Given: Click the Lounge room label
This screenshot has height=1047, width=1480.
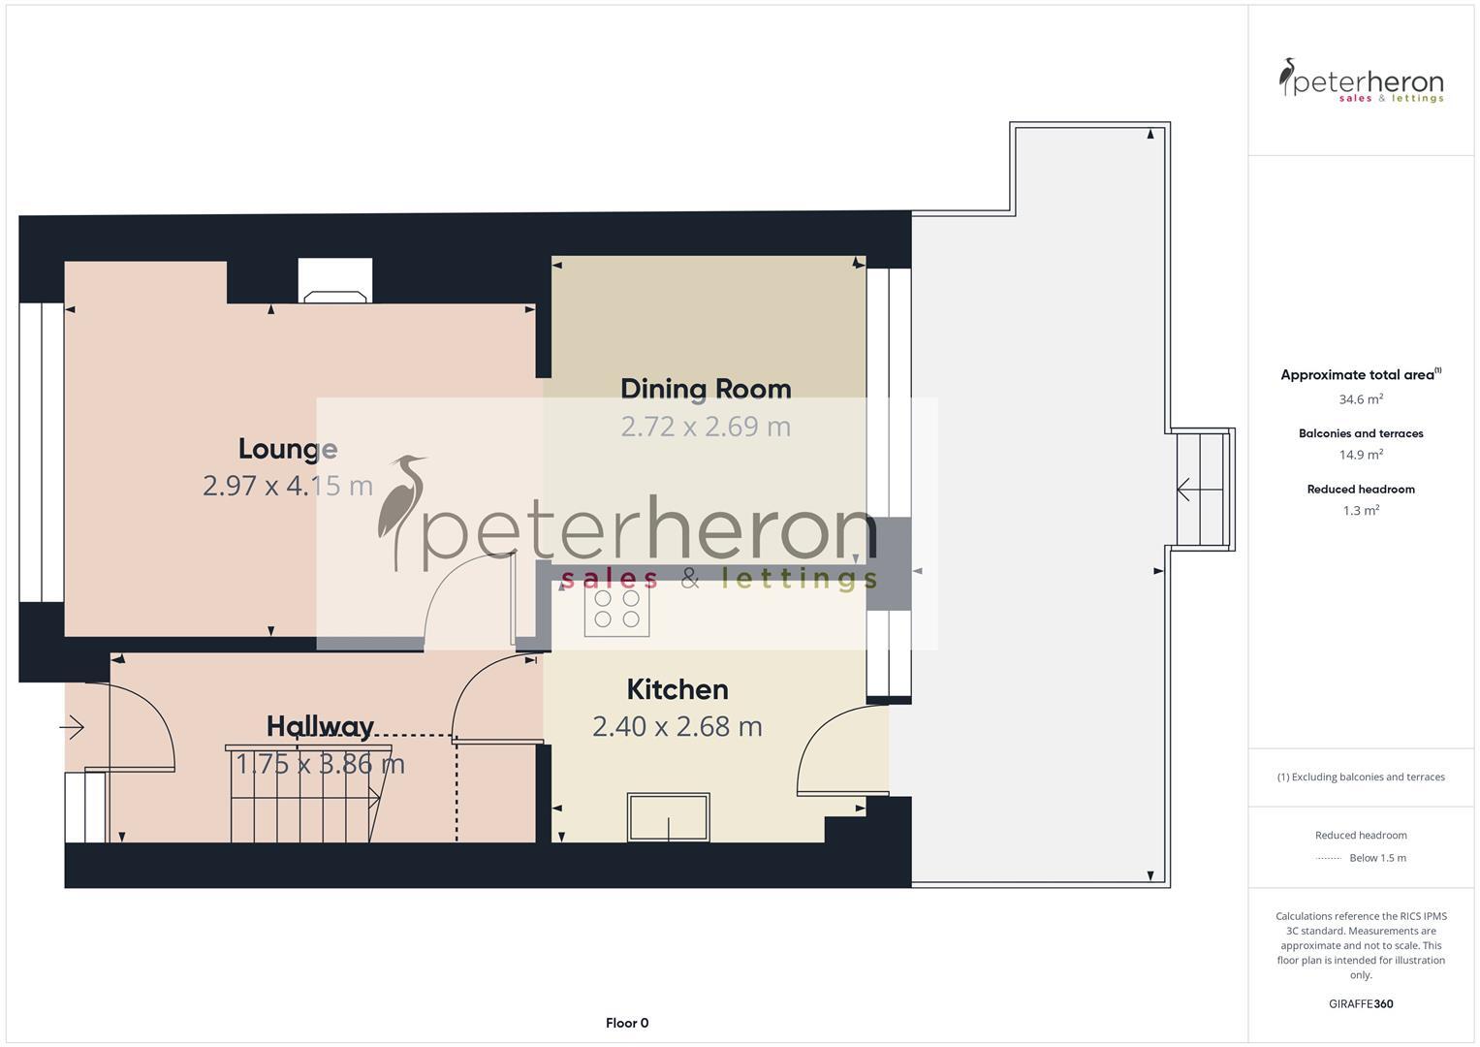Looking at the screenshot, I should coord(288,449).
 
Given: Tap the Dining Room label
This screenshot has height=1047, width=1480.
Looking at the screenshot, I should coord(706,389).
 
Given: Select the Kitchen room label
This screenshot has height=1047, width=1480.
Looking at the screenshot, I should coord(677,689).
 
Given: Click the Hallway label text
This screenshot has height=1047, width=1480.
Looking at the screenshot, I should coord(320,726).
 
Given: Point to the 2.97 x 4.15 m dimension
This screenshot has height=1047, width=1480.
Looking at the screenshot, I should coord(288,486).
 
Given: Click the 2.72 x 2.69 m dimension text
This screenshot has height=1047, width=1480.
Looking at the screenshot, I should coord(706,427).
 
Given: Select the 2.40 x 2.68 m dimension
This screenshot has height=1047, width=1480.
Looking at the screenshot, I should coord(677,726).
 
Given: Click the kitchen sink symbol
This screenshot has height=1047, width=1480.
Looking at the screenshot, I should coord(668,817).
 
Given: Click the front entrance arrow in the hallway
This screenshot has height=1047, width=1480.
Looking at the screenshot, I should coord(73,726).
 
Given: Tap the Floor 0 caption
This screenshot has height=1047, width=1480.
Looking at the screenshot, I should coord(627,1023).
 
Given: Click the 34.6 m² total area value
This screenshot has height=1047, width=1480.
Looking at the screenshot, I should coord(1361,399).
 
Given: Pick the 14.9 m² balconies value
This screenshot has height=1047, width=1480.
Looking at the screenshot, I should coord(1361,455).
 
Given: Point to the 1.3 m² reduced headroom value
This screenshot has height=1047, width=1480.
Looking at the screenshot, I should coord(1361,511).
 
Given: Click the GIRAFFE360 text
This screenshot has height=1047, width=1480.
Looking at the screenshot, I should coord(1361,1004).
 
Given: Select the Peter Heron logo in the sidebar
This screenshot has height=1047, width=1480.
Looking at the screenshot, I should coord(1361,80).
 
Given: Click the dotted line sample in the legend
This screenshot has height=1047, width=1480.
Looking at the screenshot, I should coord(1329,858).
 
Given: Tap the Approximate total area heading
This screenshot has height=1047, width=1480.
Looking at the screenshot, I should coord(1359,375).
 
